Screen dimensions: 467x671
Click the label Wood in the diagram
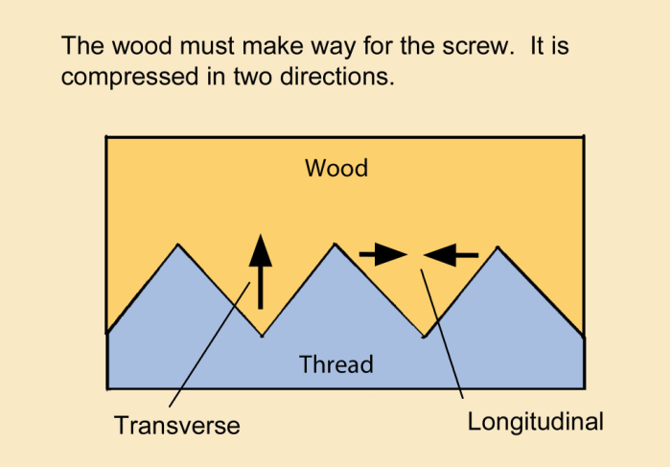click(x=336, y=169)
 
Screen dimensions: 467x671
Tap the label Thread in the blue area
click(x=335, y=364)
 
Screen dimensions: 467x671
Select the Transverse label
click(x=177, y=425)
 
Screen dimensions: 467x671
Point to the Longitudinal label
click(x=536, y=421)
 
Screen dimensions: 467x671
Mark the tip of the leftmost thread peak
click(x=178, y=245)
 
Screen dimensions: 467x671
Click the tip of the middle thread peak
click(x=335, y=245)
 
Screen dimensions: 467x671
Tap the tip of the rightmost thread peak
click(x=497, y=247)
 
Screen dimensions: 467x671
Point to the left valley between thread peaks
click(x=261, y=336)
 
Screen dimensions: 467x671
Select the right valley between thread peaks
click(x=424, y=337)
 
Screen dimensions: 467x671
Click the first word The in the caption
click(x=81, y=45)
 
